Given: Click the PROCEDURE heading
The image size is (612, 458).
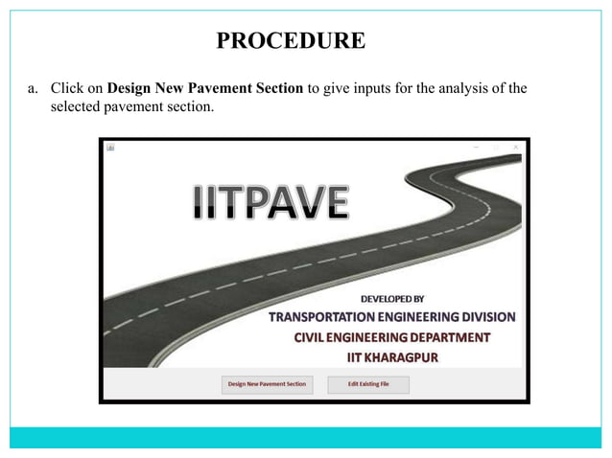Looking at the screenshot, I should tap(291, 40).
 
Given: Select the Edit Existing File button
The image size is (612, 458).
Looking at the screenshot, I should tap(368, 384).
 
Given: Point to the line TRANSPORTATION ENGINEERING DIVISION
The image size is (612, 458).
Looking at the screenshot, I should tap(390, 317).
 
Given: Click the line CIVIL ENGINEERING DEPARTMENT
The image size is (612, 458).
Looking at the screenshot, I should tap(391, 336).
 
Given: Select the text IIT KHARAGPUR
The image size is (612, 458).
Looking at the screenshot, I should tap(391, 355).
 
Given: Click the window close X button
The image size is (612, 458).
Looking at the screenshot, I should tap(516, 147).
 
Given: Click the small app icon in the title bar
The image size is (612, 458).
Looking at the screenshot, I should tap(109, 147).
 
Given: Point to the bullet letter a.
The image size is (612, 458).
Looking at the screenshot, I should tap(32, 90).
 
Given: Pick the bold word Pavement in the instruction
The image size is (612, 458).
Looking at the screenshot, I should tap(220, 90).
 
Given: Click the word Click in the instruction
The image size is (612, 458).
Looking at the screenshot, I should tap(66, 90).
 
